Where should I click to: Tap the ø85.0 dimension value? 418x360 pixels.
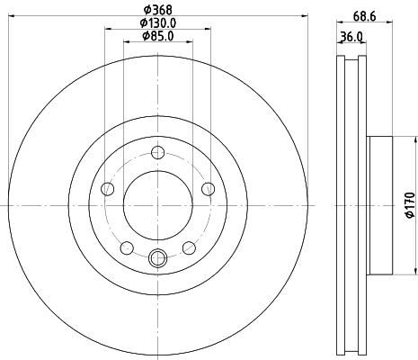click(158, 37)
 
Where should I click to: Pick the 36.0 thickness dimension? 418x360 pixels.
click(351, 36)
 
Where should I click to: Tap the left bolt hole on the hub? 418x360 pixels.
click(108, 188)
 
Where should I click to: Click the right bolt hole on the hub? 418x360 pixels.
click(209, 188)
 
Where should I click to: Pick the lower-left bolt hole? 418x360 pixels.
click(127, 247)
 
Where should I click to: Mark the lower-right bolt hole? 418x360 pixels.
click(189, 247)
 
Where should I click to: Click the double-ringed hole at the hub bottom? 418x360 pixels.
click(158, 259)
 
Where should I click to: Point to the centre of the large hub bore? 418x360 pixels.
click(158, 205)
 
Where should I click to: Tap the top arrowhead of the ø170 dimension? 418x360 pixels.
click(415, 140)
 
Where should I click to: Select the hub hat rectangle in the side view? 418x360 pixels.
click(381, 205)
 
